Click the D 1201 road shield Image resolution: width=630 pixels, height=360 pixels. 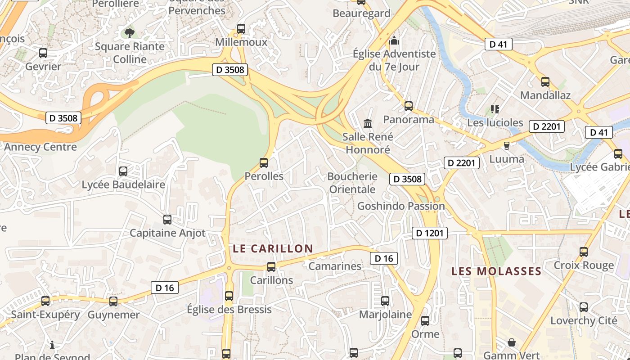tap(430, 233)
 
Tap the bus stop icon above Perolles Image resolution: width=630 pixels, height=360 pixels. tap(264, 163)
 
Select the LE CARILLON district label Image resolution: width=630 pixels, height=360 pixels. tap(273, 248)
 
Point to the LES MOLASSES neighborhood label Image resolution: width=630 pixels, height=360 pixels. tap(496, 271)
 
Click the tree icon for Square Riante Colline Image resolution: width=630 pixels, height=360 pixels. tap(129, 32)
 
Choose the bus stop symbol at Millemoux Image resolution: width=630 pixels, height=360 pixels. tap(241, 29)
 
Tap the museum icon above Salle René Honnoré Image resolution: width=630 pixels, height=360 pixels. tap(368, 123)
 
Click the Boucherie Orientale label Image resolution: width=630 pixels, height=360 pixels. tap(352, 183)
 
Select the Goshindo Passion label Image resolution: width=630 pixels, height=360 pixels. tap(401, 206)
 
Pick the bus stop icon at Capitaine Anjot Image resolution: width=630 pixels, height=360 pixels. tap(167, 220)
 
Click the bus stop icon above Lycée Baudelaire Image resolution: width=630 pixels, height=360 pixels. tap(123, 171)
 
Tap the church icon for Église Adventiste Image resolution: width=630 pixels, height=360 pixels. tap(394, 41)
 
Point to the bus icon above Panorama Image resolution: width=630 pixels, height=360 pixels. tap(409, 106)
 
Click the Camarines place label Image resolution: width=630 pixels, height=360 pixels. tap(335, 266)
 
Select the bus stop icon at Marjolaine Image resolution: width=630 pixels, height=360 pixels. tap(385, 301)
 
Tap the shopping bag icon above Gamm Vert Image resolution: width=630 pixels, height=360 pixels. tap(512, 343)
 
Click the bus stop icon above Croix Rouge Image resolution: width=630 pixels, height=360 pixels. tap(584, 252)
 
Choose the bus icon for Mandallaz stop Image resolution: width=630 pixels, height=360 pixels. tap(545, 82)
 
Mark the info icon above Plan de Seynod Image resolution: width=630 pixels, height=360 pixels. tap(52, 345)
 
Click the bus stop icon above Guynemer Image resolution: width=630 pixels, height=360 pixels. tap(113, 301)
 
